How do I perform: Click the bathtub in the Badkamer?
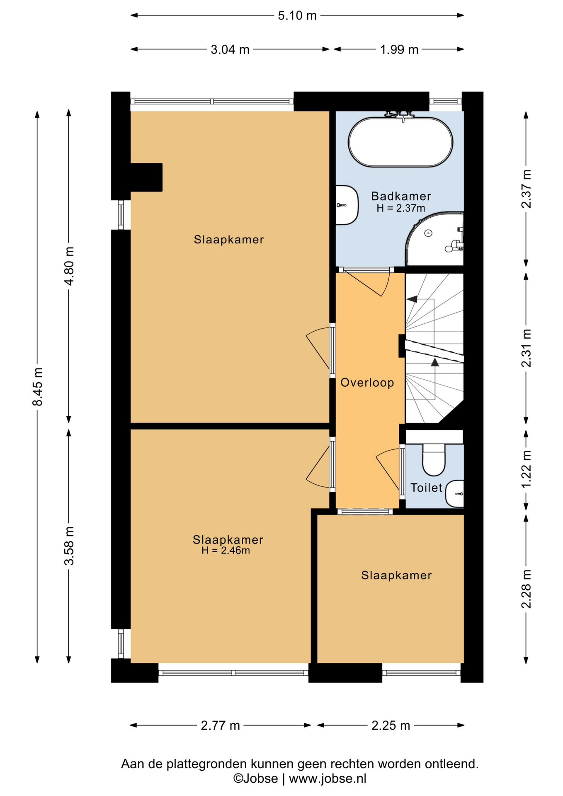click(x=400, y=142)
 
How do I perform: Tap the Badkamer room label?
click(x=401, y=196)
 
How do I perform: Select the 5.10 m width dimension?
click(x=297, y=16)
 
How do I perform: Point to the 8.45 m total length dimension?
click(x=37, y=386)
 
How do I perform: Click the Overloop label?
click(x=367, y=382)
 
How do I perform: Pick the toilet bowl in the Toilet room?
click(x=433, y=459)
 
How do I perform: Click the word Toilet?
click(x=426, y=488)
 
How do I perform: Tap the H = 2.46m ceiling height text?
click(x=226, y=551)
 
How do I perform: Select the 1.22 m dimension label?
click(x=526, y=469)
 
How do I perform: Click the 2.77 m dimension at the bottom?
click(x=220, y=726)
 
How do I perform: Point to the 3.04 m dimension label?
click(x=230, y=50)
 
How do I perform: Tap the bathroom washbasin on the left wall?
click(x=347, y=205)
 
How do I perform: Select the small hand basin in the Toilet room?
click(x=455, y=494)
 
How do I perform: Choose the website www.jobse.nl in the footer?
click(x=328, y=779)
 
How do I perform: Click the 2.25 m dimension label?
click(x=391, y=726)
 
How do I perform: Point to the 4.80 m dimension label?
click(x=69, y=266)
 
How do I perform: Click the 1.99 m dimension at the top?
click(x=399, y=50)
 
